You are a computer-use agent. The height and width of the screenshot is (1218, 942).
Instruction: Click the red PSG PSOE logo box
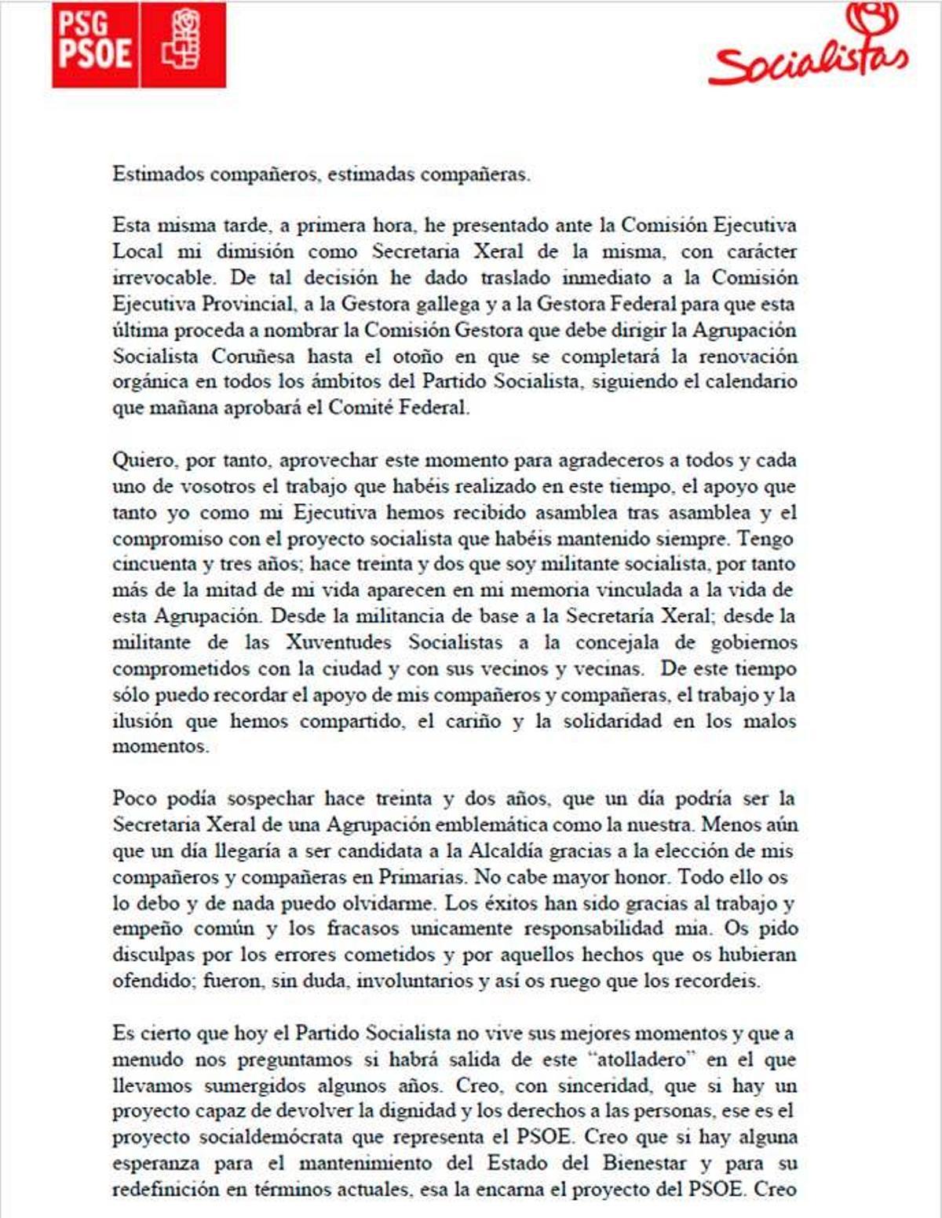[139, 45]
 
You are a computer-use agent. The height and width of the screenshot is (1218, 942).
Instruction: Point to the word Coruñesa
[254, 357]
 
